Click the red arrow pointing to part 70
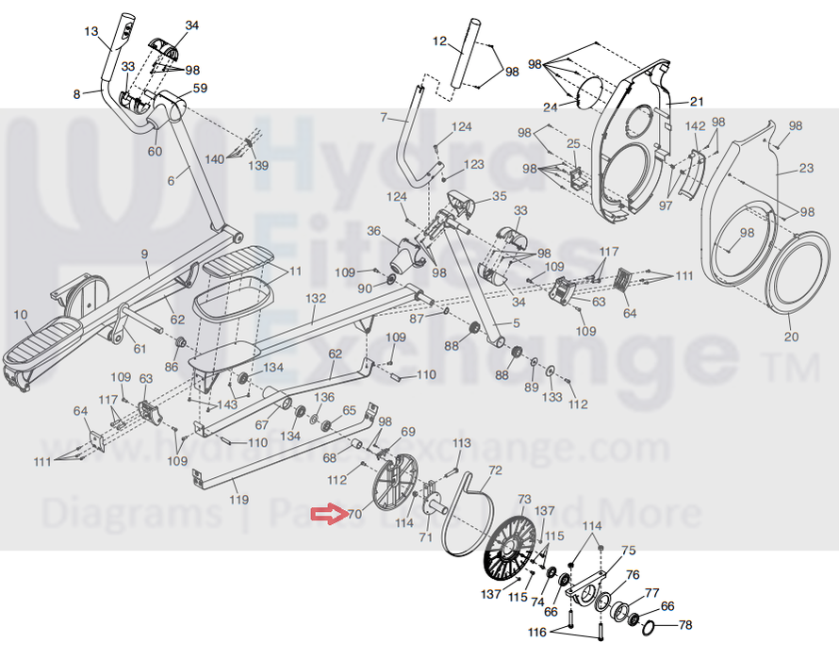(328, 514)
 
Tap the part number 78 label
(685, 625)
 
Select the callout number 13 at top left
(91, 32)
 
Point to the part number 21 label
(698, 102)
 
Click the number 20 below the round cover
(791, 337)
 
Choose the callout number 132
(316, 297)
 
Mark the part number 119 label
(239, 499)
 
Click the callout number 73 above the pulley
(524, 499)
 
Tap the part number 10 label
(20, 313)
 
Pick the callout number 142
(695, 126)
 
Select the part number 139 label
(258, 166)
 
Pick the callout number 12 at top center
(439, 41)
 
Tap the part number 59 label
(200, 89)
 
